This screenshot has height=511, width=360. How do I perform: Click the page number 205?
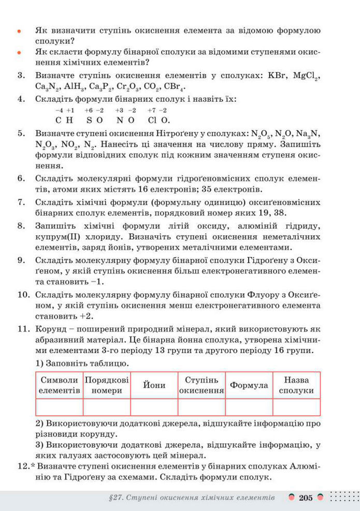[x=306, y=498]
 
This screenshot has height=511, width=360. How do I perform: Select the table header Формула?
[x=249, y=385]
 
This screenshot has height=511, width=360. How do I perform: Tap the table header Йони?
[x=154, y=385]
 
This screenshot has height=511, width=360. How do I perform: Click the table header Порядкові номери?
[x=107, y=385]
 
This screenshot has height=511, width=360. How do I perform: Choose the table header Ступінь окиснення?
[x=201, y=385]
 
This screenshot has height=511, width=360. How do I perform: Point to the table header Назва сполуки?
[x=296, y=385]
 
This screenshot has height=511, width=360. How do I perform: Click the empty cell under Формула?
[x=249, y=407]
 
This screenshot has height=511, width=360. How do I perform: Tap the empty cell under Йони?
[x=154, y=407]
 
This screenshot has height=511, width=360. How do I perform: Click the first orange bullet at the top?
[x=19, y=32]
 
